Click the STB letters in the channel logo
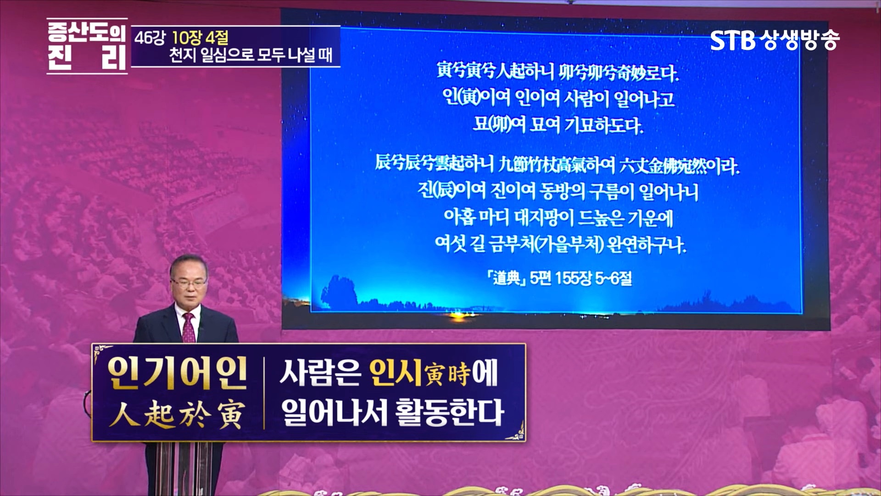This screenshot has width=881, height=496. [732, 40]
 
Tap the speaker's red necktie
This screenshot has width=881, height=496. [189, 328]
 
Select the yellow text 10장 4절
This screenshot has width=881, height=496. [200, 38]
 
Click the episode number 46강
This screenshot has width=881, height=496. [149, 38]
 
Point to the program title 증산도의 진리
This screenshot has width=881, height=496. [87, 46]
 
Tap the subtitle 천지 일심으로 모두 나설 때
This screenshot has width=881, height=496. [251, 56]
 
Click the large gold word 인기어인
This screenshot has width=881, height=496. [177, 373]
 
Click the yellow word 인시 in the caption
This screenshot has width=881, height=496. [395, 373]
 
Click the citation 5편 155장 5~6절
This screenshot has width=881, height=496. [580, 278]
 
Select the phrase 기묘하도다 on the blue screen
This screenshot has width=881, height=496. [603, 125]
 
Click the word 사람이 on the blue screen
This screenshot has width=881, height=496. [587, 98]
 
